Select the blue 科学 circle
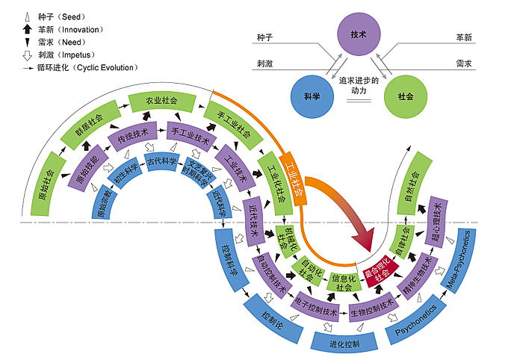(x=312, y=96)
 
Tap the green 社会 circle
(x=406, y=96)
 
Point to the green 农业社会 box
(x=161, y=100)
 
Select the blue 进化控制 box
(x=344, y=344)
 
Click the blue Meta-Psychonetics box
(x=461, y=259)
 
